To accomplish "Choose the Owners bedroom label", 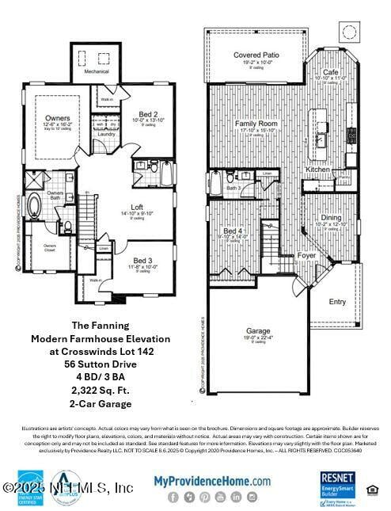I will pyautogui.click(x=58, y=117).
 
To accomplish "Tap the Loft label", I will pyautogui.click(x=137, y=207).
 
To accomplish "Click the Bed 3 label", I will pyautogui.click(x=142, y=260).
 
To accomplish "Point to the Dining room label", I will pyautogui.click(x=332, y=217).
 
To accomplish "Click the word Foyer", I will pyautogui.click(x=306, y=255).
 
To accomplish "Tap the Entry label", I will pyautogui.click(x=337, y=301).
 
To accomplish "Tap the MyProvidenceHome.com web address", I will pyautogui.click(x=211, y=480).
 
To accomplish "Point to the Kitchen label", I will pyautogui.click(x=318, y=170).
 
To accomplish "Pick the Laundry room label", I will pyautogui.click(x=106, y=135).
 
